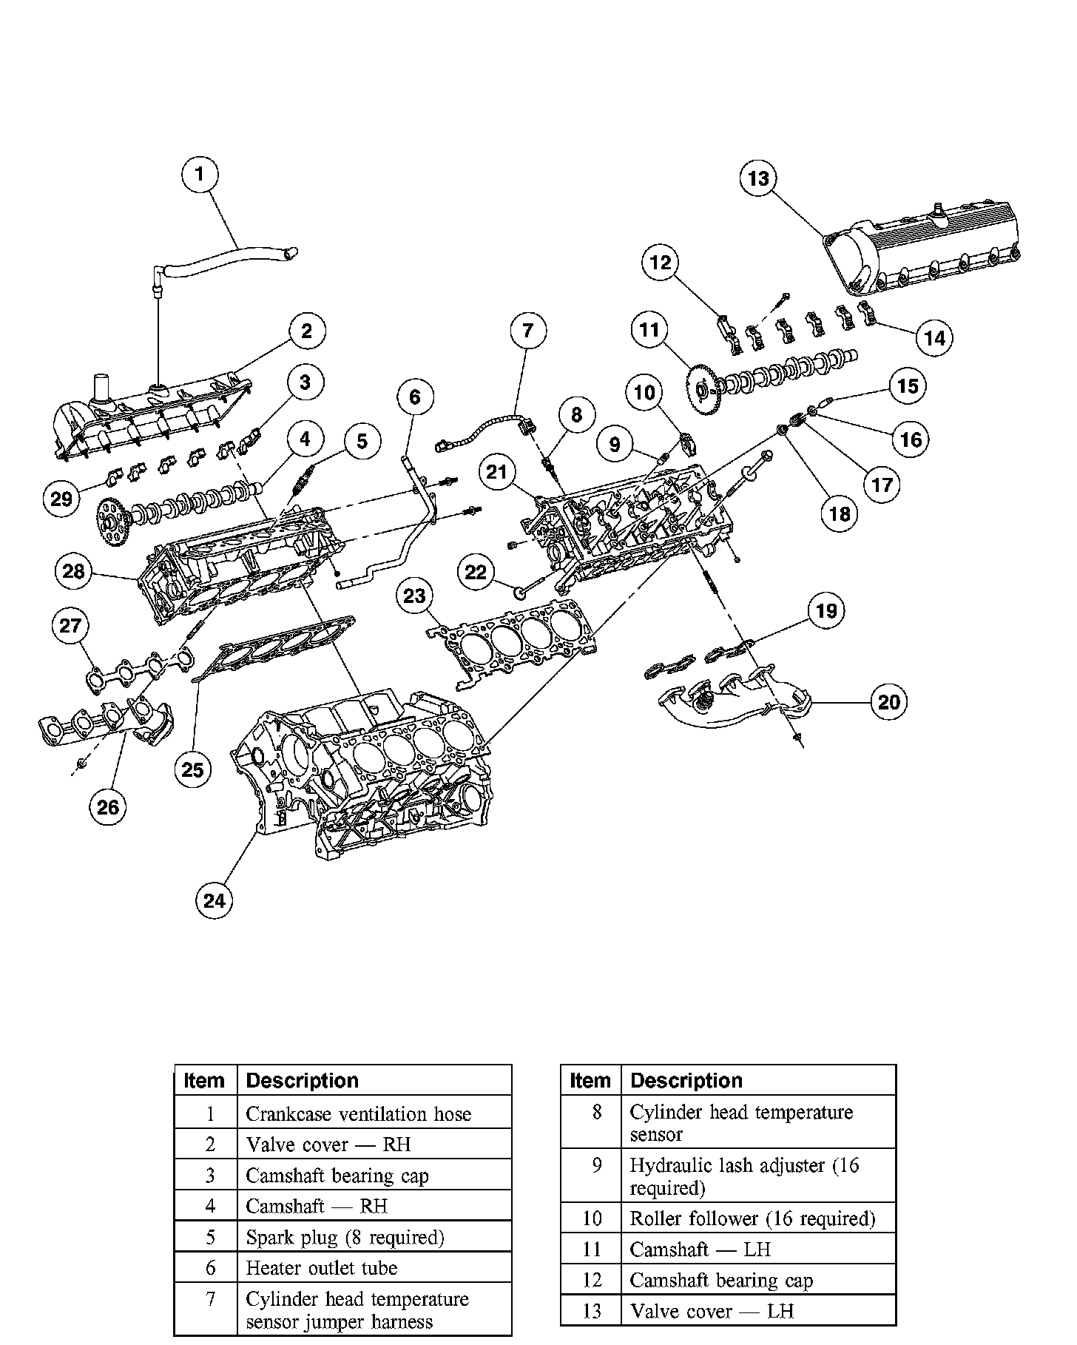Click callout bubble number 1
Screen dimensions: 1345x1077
pyautogui.click(x=200, y=175)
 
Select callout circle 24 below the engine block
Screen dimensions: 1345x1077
pyautogui.click(x=214, y=900)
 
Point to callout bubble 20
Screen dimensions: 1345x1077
pyautogui.click(x=888, y=701)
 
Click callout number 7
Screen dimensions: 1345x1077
pyautogui.click(x=527, y=330)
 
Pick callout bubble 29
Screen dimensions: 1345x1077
pyautogui.click(x=61, y=498)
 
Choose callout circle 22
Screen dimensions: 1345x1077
pyautogui.click(x=476, y=571)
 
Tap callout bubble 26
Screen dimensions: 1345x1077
pyautogui.click(x=108, y=806)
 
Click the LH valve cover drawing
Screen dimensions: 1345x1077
pyautogui.click(x=925, y=255)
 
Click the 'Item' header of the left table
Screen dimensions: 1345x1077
pyautogui.click(x=204, y=1081)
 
